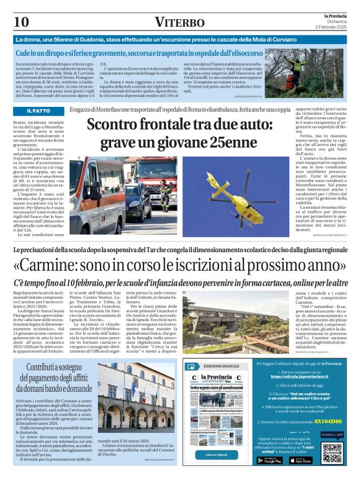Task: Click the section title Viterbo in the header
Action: point(179,23)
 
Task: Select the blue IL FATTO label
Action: point(38,111)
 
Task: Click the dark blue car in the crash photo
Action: point(138,202)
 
